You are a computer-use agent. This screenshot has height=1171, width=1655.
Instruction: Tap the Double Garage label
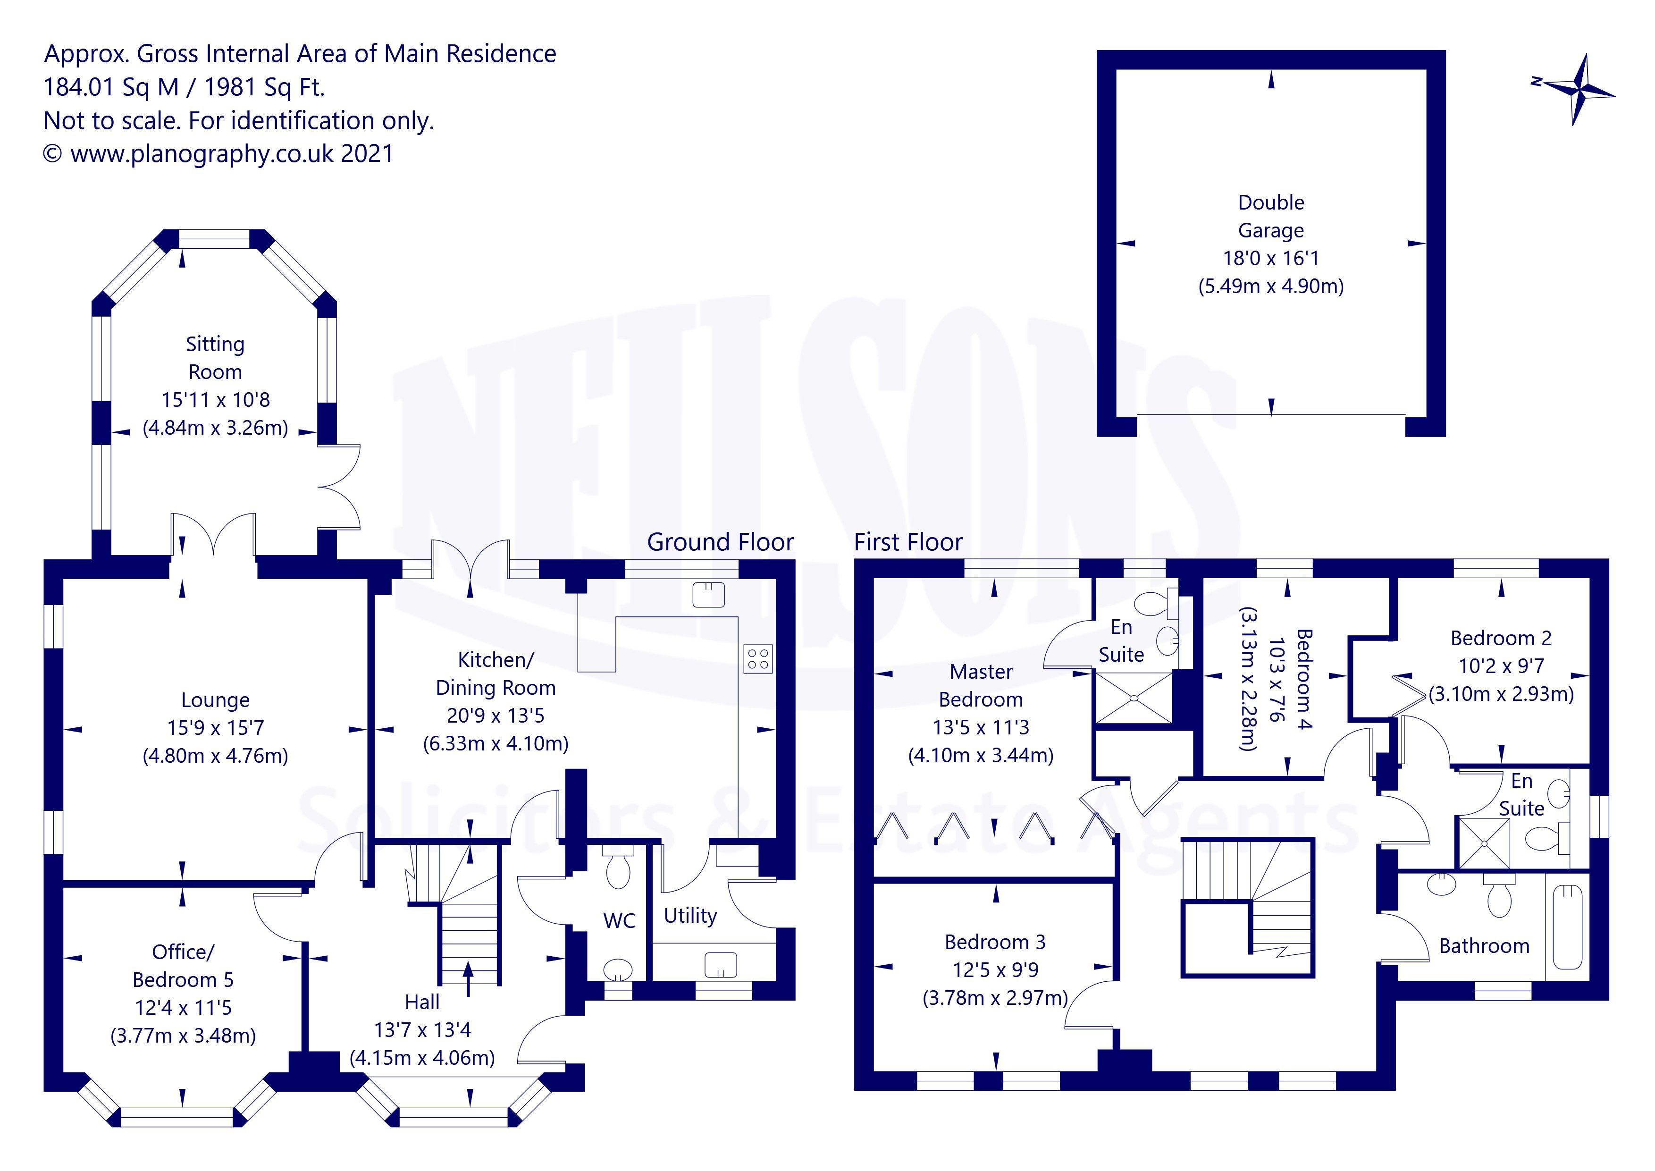pyautogui.click(x=1271, y=216)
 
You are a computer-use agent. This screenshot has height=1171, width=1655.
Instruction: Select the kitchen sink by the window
pyautogui.click(x=708, y=594)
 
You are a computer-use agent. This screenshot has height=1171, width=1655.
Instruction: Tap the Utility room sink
pyautogui.click(x=721, y=965)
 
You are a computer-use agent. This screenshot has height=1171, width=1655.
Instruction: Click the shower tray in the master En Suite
pyautogui.click(x=1133, y=697)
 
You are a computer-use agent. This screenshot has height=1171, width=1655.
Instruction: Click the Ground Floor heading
pyautogui.click(x=720, y=542)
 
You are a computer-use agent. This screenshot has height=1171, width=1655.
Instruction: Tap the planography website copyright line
pyautogui.click(x=218, y=153)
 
